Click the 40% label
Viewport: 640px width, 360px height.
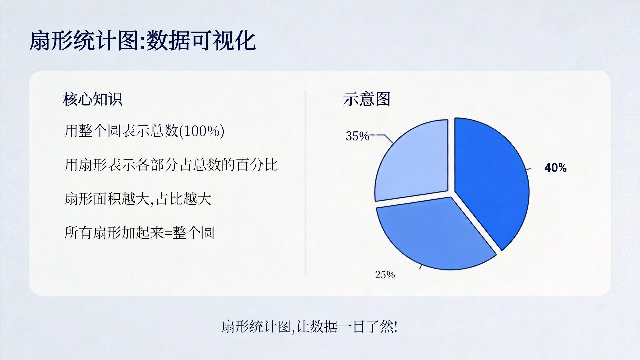555,168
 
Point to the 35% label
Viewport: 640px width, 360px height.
357,136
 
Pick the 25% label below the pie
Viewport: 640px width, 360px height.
385,275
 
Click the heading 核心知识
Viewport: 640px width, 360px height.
93,99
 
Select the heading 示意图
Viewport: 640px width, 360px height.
367,99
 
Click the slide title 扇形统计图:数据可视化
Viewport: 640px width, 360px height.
142,41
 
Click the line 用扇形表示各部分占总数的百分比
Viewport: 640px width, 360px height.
171,165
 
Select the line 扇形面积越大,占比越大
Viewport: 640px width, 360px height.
138,199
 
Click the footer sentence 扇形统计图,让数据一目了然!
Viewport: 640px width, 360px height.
309,327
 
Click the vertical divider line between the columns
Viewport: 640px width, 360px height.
305,183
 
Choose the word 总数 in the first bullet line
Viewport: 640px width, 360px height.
165,131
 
